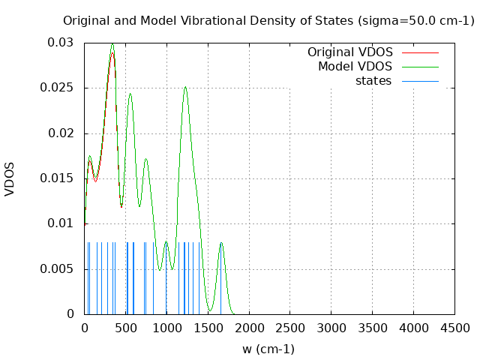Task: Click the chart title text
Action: [x=268, y=20]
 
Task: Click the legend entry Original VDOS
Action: [x=349, y=52]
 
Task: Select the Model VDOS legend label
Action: [x=355, y=67]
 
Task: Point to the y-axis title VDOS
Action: [x=10, y=178]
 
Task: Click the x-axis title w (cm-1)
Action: [x=268, y=349]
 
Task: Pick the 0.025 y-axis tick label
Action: [x=60, y=88]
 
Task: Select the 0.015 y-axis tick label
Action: [x=60, y=178]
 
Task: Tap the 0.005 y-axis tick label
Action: [x=60, y=268]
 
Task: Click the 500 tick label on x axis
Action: [x=125, y=328]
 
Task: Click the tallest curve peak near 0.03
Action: [x=112, y=43]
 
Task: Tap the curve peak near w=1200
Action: [x=184, y=87]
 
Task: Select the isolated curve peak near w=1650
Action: [x=221, y=242]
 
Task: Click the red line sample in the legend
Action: [x=420, y=52]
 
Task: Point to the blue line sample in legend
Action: [x=420, y=81]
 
